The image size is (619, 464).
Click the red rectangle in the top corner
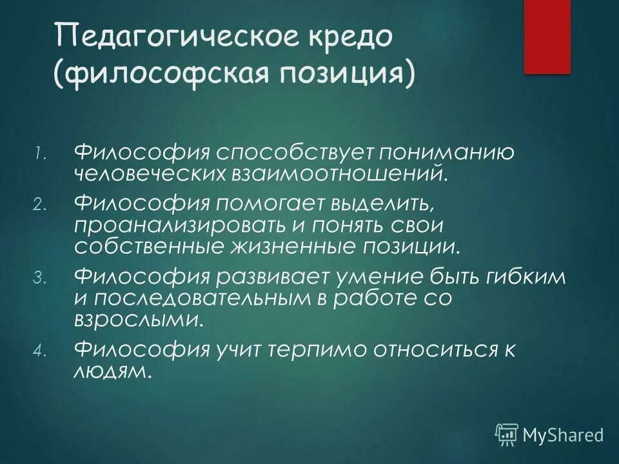[547, 37]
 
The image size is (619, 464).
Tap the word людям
[113, 369]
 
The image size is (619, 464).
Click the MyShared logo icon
[507, 434]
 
